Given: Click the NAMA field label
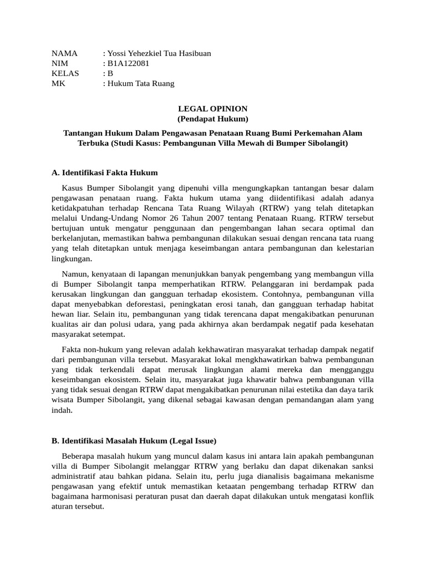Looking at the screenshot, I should pyautogui.click(x=64, y=53).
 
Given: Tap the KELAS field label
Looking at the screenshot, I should pyautogui.click(x=65, y=73).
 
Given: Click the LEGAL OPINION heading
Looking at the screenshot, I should pyautogui.click(x=212, y=109).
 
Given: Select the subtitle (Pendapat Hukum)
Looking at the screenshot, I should pyautogui.click(x=212, y=119).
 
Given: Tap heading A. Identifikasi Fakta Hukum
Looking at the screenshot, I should pyautogui.click(x=105, y=173).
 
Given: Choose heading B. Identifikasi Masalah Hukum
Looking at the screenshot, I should pyautogui.click(x=134, y=441).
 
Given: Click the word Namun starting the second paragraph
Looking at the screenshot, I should pyautogui.click(x=75, y=274).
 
